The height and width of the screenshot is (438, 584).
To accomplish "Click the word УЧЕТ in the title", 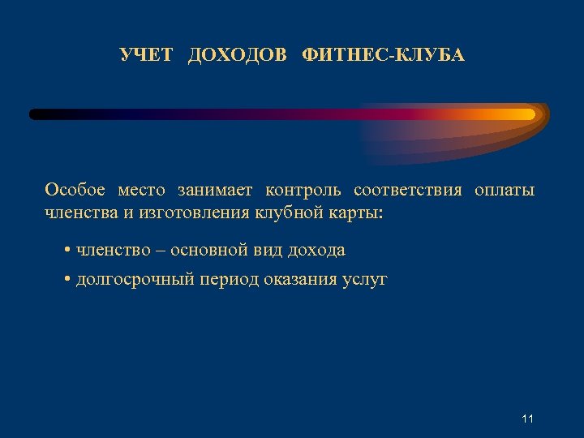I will click(146, 55).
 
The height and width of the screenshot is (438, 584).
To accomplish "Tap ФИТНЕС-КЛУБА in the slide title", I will click(383, 55).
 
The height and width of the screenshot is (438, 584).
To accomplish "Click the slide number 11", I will click(528, 419).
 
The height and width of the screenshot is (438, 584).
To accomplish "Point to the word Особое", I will click(75, 191).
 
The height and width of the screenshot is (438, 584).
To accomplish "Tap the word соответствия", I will click(408, 191).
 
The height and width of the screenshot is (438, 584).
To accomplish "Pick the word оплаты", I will click(505, 191).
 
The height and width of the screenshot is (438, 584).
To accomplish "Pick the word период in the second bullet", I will click(232, 281).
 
